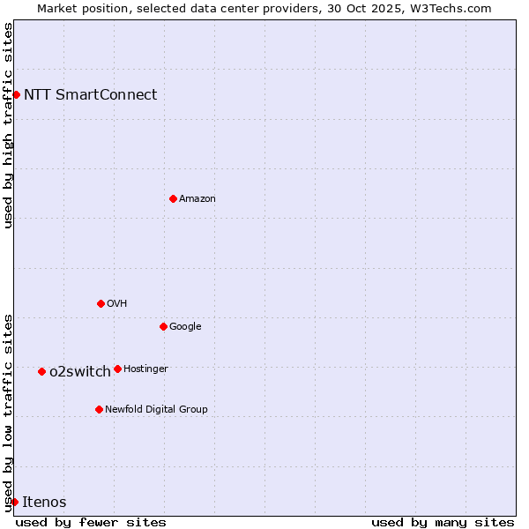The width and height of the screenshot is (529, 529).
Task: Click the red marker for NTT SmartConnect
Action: pyautogui.click(x=16, y=94)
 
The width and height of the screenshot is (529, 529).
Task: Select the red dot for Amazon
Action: pyautogui.click(x=173, y=198)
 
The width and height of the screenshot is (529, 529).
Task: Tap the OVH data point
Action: pyautogui.click(x=101, y=303)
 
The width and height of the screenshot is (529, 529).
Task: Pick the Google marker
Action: pyautogui.click(x=163, y=326)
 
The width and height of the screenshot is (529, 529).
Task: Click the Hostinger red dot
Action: pyautogui.click(x=117, y=369)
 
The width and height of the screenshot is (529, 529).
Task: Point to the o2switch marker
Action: pyautogui.click(x=41, y=371)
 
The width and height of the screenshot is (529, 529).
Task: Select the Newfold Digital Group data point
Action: pyautogui.click(x=99, y=409)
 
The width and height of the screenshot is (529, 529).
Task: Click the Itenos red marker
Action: pyautogui.click(x=14, y=502)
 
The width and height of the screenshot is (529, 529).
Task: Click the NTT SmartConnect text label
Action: pyautogui.click(x=90, y=95)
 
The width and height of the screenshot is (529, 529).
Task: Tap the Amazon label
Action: pyautogui.click(x=197, y=199)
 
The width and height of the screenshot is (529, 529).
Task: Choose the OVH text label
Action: pyautogui.click(x=116, y=304)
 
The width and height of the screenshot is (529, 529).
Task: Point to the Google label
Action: pyautogui.click(x=185, y=327)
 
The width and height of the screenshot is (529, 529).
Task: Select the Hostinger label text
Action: pyautogui.click(x=145, y=369)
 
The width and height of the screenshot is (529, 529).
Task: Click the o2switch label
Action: pyautogui.click(x=79, y=372)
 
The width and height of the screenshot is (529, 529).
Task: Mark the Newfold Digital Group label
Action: pyautogui.click(x=156, y=410)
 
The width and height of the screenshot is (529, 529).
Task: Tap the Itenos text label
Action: pyautogui.click(x=44, y=503)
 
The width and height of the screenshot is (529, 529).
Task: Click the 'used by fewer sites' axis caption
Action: pyautogui.click(x=91, y=523)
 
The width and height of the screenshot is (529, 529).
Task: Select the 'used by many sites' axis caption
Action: pyautogui.click(x=443, y=523)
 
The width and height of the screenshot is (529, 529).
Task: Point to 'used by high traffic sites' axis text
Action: pyautogui.click(x=8, y=125)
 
